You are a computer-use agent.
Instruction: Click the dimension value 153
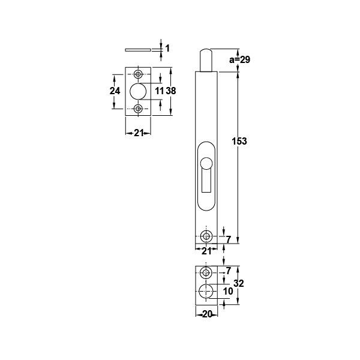click(239, 141)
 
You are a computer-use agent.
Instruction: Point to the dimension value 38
click(170, 91)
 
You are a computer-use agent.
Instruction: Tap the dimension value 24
click(116, 91)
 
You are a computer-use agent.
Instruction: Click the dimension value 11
click(158, 91)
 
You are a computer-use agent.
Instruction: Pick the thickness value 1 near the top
click(167, 48)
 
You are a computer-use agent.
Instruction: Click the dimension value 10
click(227, 291)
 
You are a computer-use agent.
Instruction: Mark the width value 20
click(205, 313)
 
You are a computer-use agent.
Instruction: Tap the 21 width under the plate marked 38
click(138, 133)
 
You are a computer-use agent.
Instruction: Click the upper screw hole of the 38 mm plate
click(139, 74)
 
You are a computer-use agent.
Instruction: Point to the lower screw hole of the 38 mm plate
click(139, 109)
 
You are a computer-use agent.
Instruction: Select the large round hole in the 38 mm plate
click(138, 91)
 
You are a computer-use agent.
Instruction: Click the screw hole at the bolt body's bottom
click(206, 235)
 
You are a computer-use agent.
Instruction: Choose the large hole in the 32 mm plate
click(206, 292)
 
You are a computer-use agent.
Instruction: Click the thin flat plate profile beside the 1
click(139, 49)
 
